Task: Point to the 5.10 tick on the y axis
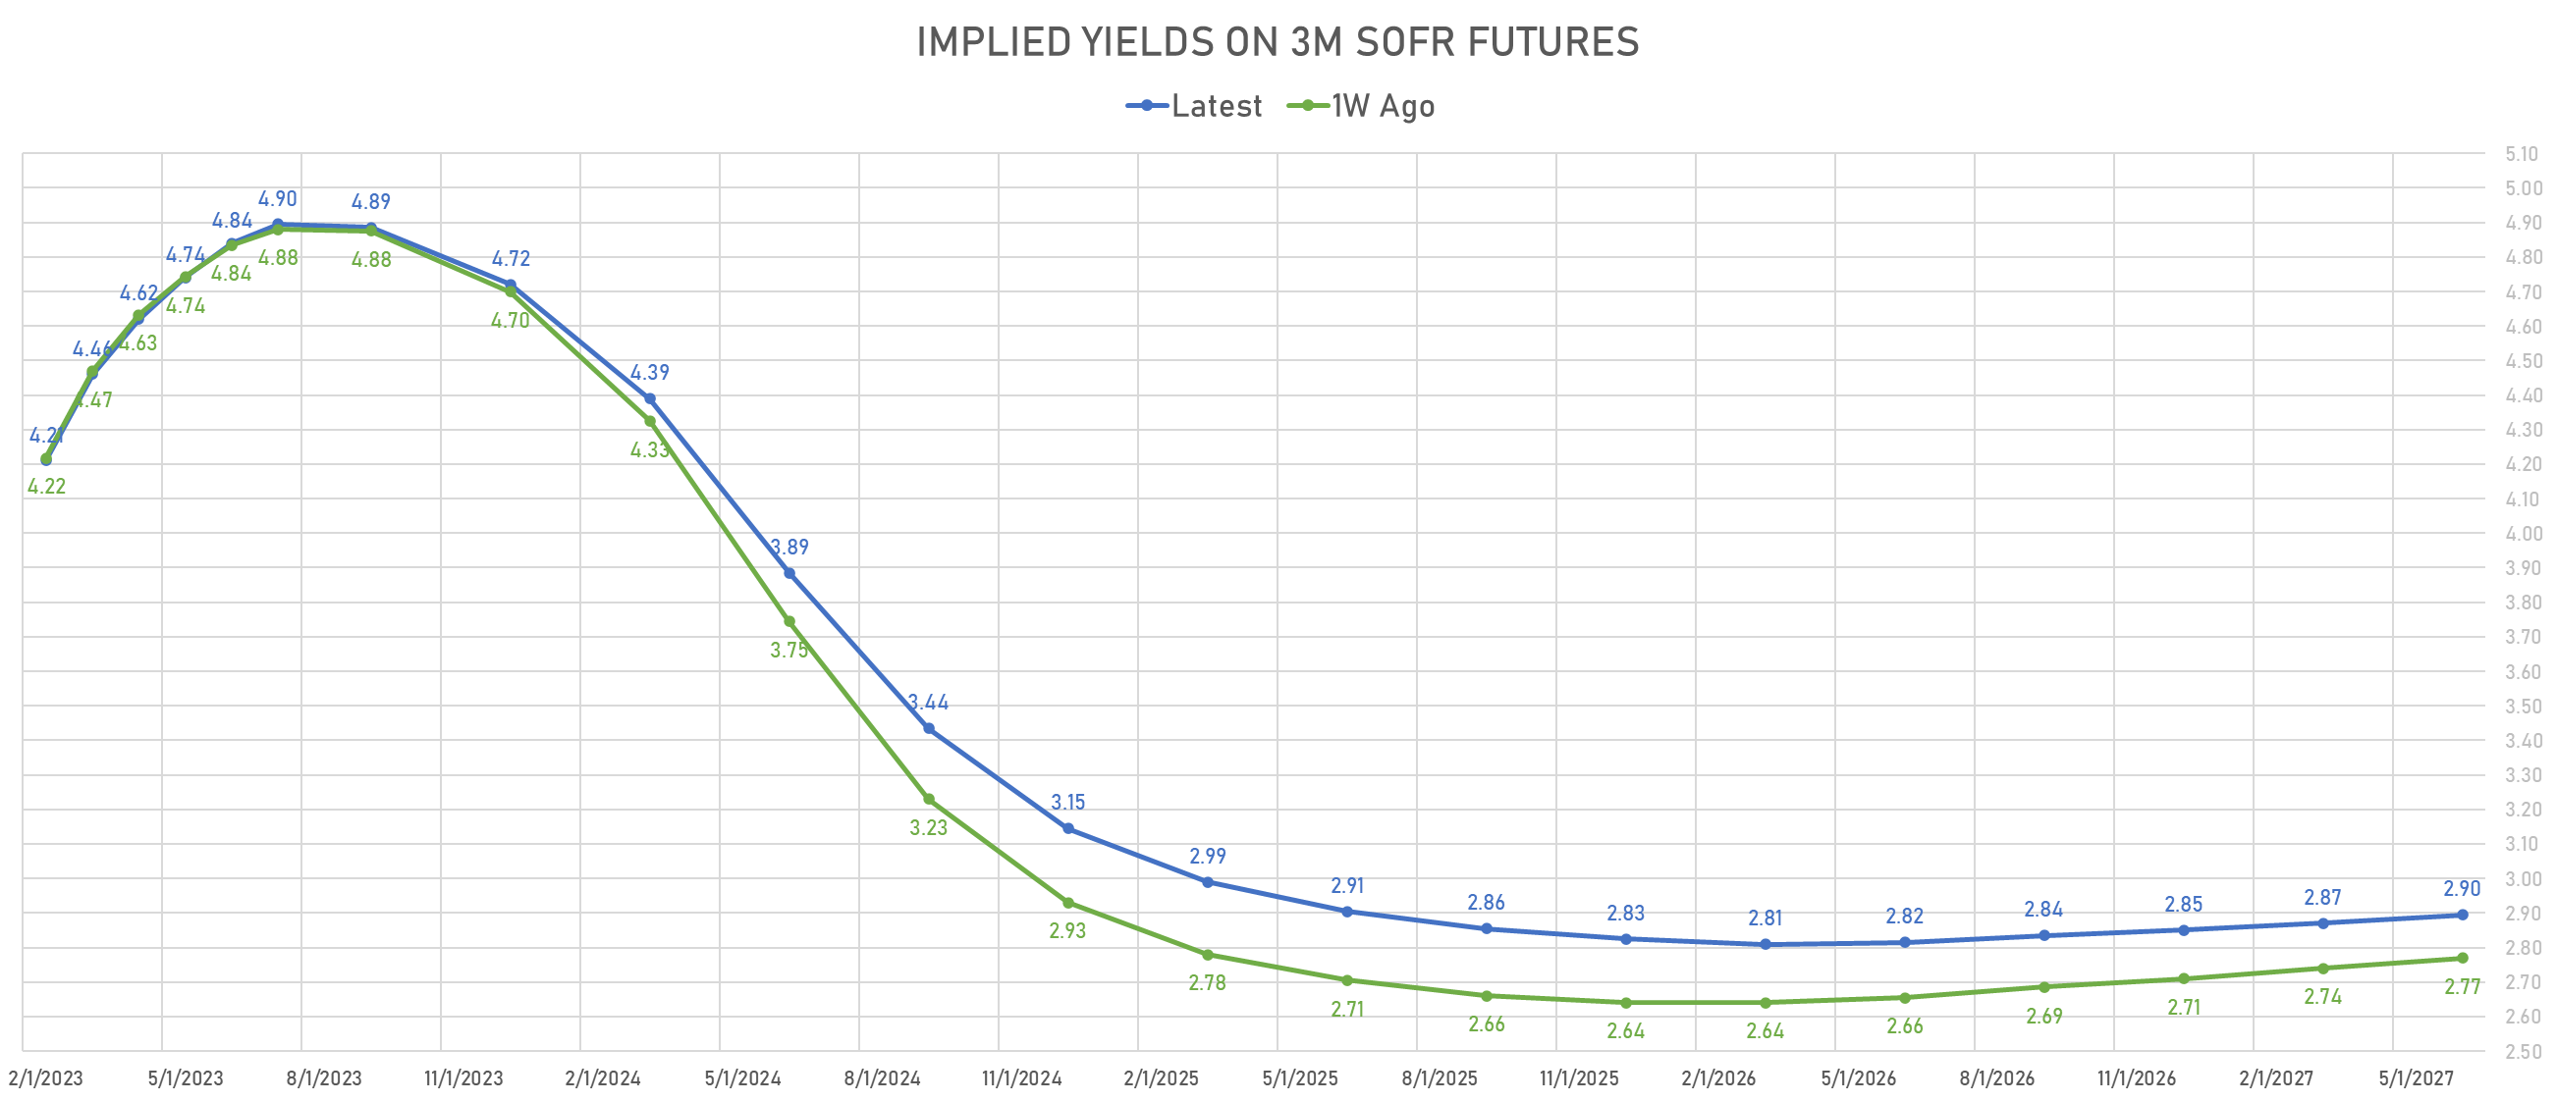2522,154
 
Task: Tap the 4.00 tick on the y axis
2522,534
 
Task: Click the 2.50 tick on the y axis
2522,1051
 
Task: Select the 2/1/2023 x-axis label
45,1078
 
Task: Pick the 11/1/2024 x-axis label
1021,1078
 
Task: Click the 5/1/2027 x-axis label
2416,1078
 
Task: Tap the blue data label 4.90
278,199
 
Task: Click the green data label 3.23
929,828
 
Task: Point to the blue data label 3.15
1067,803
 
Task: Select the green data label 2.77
2462,987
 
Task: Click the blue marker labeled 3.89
789,573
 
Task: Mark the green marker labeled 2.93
1067,904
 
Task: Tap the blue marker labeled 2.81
1766,945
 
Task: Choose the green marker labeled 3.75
789,622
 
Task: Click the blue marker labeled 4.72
510,286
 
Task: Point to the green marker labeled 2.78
1208,955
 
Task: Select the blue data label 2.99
1208,857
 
